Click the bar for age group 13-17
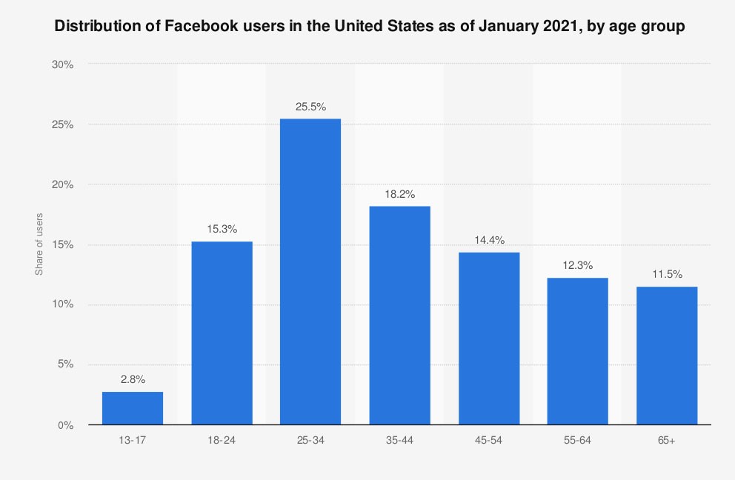click(x=133, y=408)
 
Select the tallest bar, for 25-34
click(x=310, y=272)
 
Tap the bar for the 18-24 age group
click(x=222, y=333)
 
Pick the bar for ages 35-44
click(x=399, y=316)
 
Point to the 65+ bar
click(x=667, y=356)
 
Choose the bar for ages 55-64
click(x=578, y=351)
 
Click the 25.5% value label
click(x=310, y=107)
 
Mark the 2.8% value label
click(x=133, y=379)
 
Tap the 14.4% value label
click(x=488, y=240)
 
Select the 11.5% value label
click(x=667, y=274)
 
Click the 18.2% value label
click(x=399, y=194)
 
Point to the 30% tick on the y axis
click(x=63, y=64)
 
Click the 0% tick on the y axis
click(x=66, y=425)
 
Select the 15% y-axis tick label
click(x=63, y=244)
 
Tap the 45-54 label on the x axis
click(x=488, y=440)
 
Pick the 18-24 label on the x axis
click(x=222, y=440)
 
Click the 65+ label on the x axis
click(x=667, y=440)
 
